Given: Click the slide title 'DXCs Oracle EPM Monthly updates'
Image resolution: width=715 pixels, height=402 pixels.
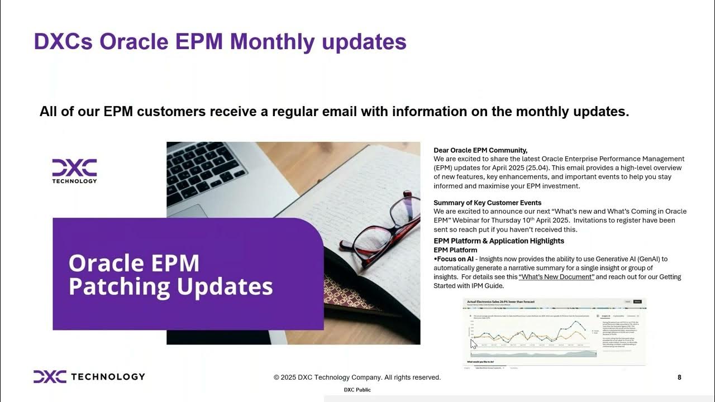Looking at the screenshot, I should pyautogui.click(x=220, y=42).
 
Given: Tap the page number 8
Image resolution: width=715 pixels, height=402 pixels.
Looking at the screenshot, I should pyautogui.click(x=679, y=377).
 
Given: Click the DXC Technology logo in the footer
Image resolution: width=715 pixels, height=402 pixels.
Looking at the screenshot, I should pyautogui.click(x=89, y=377).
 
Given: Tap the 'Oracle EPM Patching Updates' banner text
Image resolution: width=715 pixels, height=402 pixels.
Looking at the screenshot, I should pyautogui.click(x=170, y=275).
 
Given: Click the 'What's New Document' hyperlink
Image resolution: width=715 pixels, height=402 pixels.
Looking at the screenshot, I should pyautogui.click(x=556, y=277).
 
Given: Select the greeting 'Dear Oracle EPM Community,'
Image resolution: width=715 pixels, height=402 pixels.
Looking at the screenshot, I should pyautogui.click(x=480, y=150).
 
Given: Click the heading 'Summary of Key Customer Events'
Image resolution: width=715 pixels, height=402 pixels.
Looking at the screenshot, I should pyautogui.click(x=487, y=203).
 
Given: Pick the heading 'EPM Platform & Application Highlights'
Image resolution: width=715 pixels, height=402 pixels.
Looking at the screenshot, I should pyautogui.click(x=499, y=241).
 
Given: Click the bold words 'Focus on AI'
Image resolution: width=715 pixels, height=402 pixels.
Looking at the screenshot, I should pyautogui.click(x=455, y=259).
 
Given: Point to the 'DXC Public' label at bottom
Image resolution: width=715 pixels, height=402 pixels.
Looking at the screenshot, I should pyautogui.click(x=357, y=390).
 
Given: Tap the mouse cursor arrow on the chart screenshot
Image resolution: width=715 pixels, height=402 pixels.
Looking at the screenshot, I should pyautogui.click(x=474, y=343).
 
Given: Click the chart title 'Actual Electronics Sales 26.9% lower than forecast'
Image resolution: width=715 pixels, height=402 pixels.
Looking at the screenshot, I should pyautogui.click(x=500, y=301).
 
